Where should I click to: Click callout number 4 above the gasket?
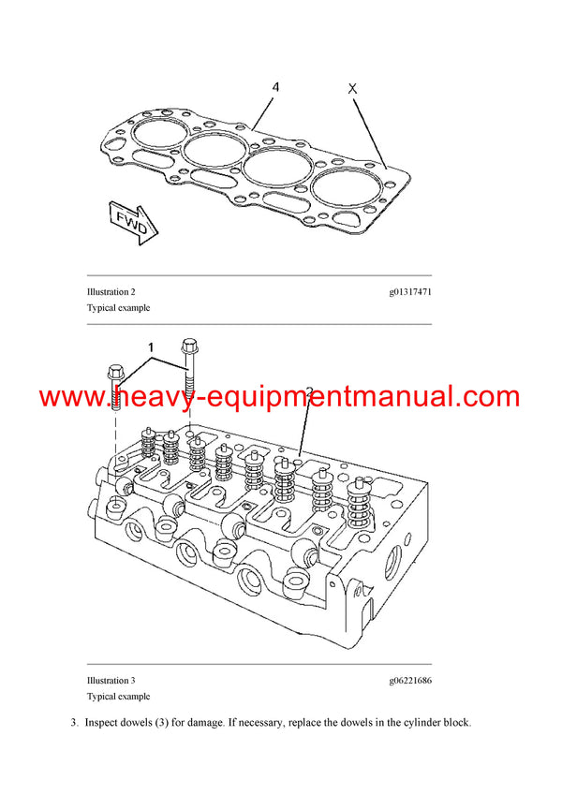275,88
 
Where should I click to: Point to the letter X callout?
352,89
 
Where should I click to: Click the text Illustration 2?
111,292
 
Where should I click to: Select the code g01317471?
410,292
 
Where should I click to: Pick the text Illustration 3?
111,681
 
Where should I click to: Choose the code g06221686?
410,681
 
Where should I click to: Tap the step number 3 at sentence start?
72,722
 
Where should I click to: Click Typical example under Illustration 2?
118,307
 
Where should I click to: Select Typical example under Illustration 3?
118,696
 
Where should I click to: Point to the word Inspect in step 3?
102,722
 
